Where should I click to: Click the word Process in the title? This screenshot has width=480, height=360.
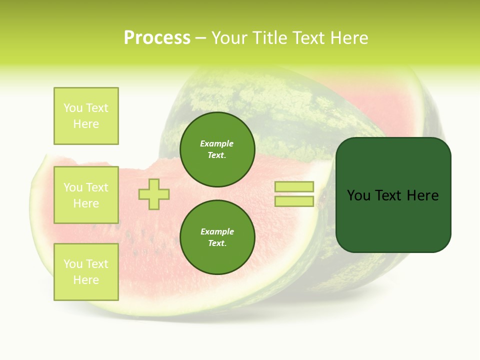point(157,38)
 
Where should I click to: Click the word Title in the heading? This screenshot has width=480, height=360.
point(271,38)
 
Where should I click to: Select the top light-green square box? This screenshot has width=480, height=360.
point(86,116)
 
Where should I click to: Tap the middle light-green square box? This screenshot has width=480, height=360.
point(86,195)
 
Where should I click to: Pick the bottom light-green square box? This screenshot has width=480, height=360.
point(86,272)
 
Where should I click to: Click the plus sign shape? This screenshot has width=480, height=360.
point(154,194)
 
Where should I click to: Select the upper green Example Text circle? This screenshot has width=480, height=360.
point(217,149)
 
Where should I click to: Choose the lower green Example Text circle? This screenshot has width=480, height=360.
point(217,237)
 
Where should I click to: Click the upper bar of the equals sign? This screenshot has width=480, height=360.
point(294,186)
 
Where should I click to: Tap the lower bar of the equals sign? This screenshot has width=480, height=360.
point(294,201)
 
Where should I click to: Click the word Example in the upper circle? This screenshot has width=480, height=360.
point(217,143)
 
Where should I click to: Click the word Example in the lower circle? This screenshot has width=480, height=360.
point(217,231)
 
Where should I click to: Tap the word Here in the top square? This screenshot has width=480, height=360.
point(86,124)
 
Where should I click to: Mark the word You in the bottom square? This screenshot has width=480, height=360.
point(73,264)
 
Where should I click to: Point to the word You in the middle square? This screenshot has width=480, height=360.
point(73,187)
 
